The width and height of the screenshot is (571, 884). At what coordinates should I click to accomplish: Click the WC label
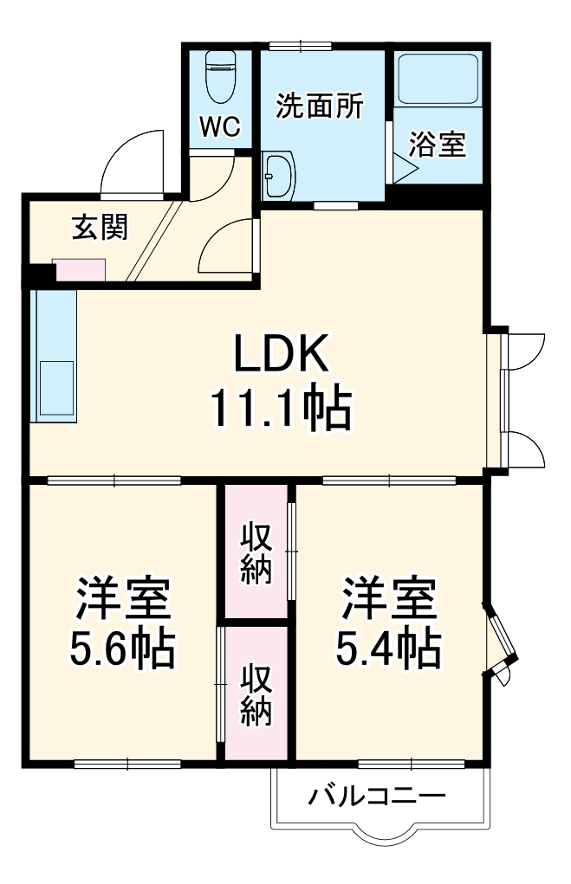(219, 127)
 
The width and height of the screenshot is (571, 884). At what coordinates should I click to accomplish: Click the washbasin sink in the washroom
(279, 175)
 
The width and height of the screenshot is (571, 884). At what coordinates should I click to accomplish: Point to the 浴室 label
(438, 145)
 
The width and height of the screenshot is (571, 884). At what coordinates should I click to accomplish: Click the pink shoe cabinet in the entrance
(80, 270)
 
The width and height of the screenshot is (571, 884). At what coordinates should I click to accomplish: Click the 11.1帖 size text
(280, 409)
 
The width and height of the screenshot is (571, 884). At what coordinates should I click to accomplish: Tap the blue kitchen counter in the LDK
(54, 355)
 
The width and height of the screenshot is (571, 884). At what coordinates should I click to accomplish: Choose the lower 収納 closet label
(256, 694)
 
